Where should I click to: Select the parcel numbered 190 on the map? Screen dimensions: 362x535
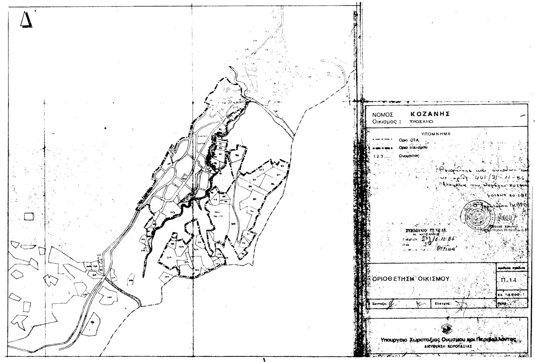pos(109,297)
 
